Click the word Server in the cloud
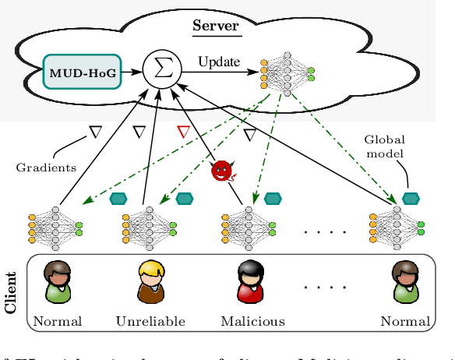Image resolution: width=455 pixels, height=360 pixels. [x=217, y=26]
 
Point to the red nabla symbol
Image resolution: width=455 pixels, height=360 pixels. [x=184, y=132]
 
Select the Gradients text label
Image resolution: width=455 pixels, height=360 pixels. [x=45, y=167]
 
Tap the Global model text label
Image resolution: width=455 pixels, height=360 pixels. [x=385, y=146]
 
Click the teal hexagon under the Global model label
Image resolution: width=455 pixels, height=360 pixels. [x=411, y=199]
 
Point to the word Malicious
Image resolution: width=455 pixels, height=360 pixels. [x=252, y=321]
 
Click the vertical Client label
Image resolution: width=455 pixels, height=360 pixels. [x=11, y=292]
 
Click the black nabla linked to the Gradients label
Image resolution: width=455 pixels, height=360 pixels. [x=96, y=132]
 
